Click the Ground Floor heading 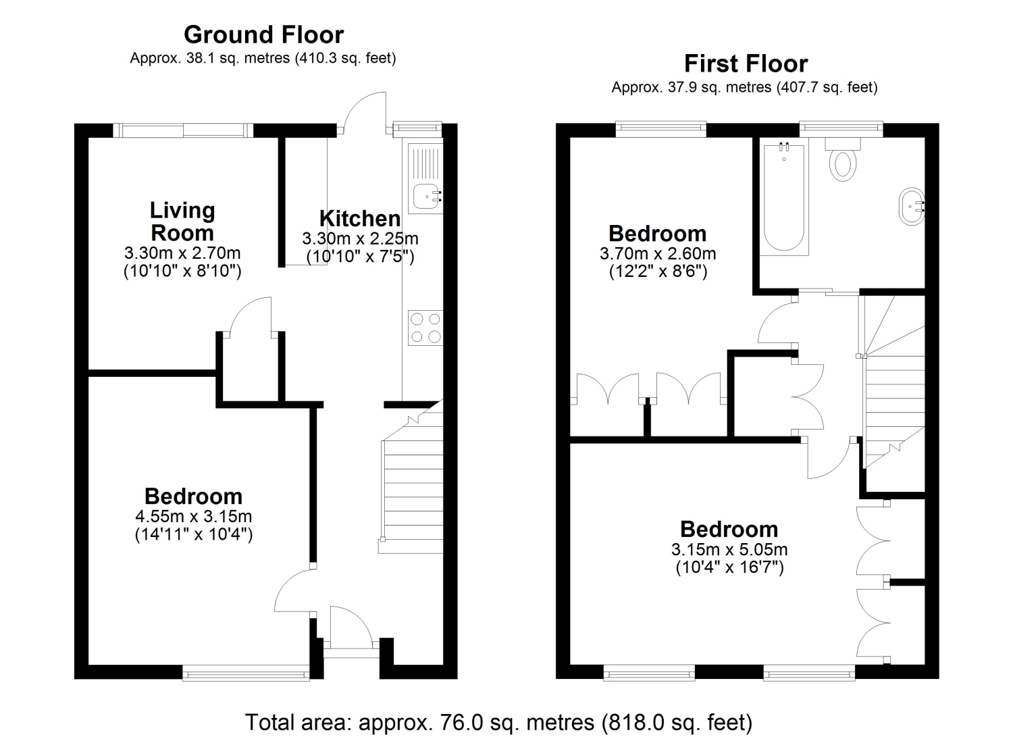pyautogui.click(x=263, y=34)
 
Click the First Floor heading pyautogui.click(x=746, y=63)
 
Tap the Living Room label pyautogui.click(x=182, y=222)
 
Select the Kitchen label pyautogui.click(x=360, y=218)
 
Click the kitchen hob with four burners pyautogui.click(x=425, y=328)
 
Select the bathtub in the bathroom pyautogui.click(x=783, y=199)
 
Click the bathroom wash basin pyautogui.click(x=911, y=206)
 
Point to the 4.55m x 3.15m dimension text pyautogui.click(x=194, y=515)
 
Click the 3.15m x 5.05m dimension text pyautogui.click(x=729, y=549)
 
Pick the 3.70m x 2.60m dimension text pyautogui.click(x=658, y=253)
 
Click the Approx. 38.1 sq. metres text pyautogui.click(x=263, y=58)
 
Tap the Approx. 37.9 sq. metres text pyautogui.click(x=745, y=87)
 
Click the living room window pyautogui.click(x=183, y=130)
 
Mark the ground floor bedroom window pyautogui.click(x=246, y=672)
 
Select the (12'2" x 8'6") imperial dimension pyautogui.click(x=658, y=272)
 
